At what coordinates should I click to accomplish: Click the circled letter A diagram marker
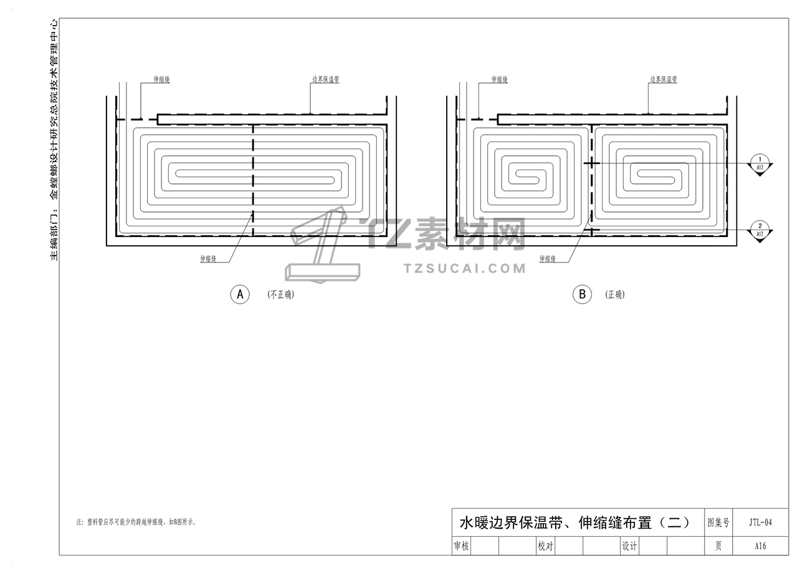(x=240, y=294)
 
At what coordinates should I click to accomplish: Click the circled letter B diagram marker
(x=582, y=294)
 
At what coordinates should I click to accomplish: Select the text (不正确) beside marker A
(x=280, y=295)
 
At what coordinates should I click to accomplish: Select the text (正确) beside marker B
(x=615, y=295)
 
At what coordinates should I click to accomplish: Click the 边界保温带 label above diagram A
(x=325, y=80)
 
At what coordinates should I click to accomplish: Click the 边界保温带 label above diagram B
(x=664, y=80)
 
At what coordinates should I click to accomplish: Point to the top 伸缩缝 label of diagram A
(x=162, y=80)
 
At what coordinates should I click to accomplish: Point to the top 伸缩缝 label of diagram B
(x=500, y=80)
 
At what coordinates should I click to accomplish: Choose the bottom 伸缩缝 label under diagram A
(x=208, y=259)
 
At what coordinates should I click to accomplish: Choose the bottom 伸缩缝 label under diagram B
(x=547, y=259)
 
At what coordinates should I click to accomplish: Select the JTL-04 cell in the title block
(x=760, y=522)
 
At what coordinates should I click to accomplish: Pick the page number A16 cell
(x=760, y=546)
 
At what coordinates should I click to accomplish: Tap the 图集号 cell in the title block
(x=718, y=522)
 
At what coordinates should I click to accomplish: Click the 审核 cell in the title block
(x=461, y=546)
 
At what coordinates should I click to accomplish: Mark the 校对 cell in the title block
(x=545, y=546)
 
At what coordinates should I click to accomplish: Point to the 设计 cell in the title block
(x=629, y=546)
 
